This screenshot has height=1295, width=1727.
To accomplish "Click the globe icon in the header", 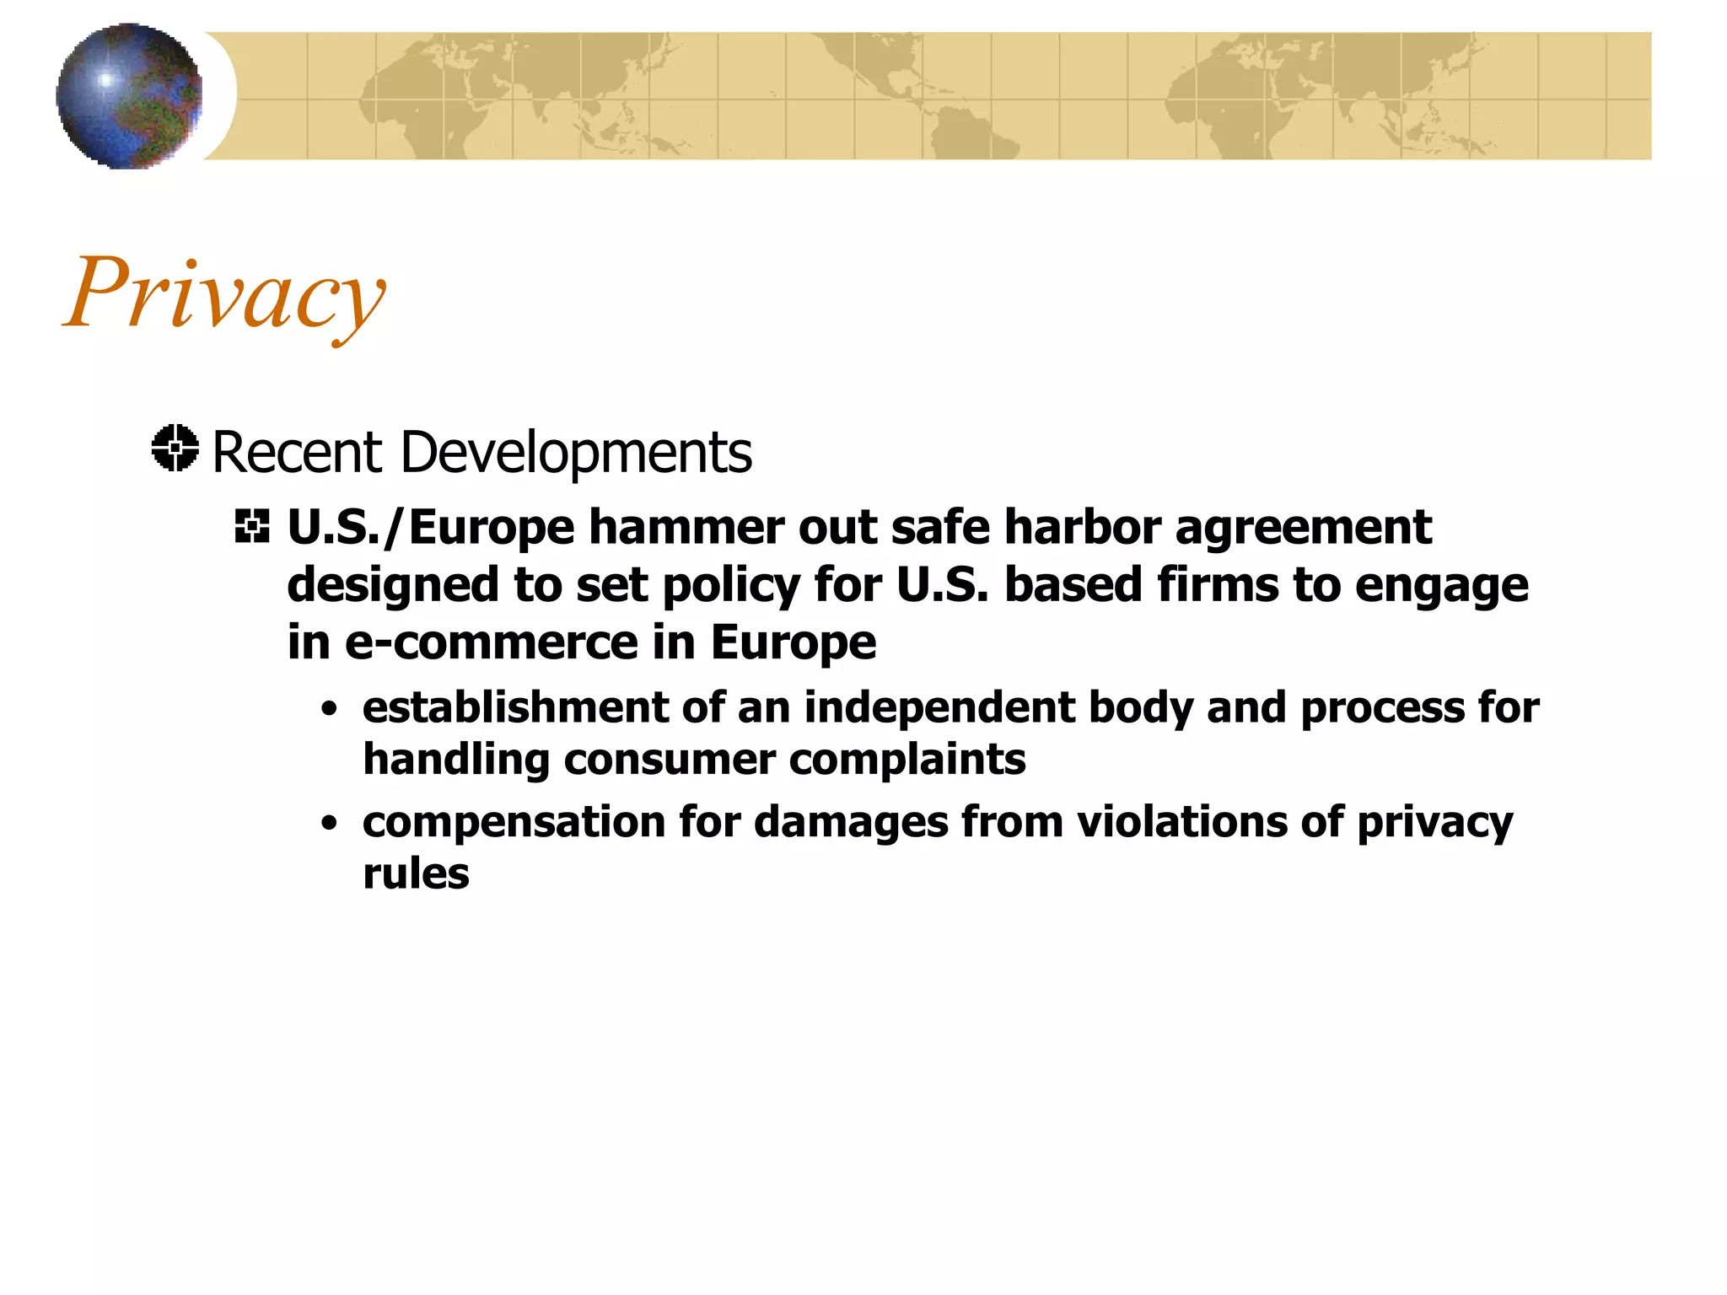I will [x=129, y=96].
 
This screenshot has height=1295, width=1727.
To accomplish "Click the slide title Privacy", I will [x=224, y=293].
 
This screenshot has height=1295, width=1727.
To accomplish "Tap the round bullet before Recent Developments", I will [x=175, y=449].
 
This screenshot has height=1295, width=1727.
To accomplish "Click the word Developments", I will [x=576, y=453].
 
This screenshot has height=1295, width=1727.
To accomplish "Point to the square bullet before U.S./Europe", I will [x=252, y=527].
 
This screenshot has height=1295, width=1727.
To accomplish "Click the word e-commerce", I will [x=492, y=643].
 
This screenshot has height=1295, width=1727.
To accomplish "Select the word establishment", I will [x=515, y=707].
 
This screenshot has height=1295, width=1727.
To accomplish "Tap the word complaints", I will [x=907, y=760].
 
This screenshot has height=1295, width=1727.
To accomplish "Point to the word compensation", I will [x=514, y=823].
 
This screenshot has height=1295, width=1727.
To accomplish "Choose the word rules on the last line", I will [x=416, y=874].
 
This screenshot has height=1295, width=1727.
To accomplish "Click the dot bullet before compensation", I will [x=330, y=823].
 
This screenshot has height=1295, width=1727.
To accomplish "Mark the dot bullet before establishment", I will [x=330, y=709].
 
